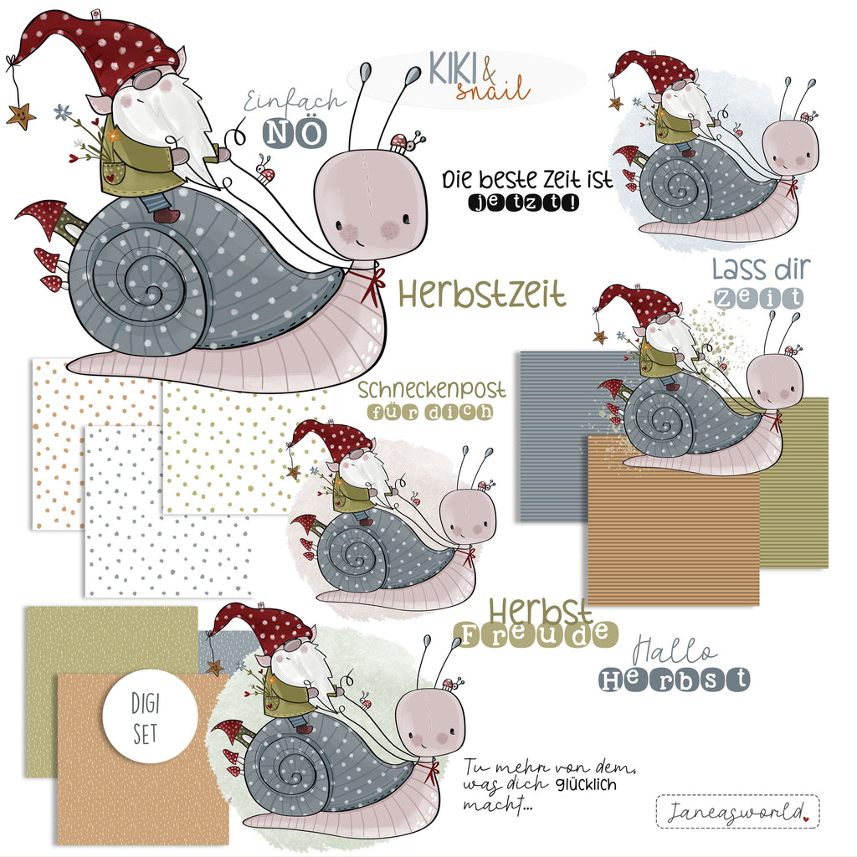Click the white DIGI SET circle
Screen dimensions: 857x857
coord(151,716)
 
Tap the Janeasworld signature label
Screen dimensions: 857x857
coord(737,812)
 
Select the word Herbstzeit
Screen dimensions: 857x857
coord(481,293)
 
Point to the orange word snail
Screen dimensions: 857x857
coord(493,89)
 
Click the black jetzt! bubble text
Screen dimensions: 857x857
coord(524,203)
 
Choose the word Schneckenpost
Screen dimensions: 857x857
coord(432,390)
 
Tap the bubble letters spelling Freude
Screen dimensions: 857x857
coord(536,634)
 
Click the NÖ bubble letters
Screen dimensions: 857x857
coord(295,133)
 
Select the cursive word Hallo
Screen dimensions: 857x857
coord(674,651)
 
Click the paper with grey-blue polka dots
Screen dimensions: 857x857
coord(167,511)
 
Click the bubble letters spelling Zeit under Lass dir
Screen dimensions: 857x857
coord(758,298)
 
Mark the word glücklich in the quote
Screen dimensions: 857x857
coord(587,785)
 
